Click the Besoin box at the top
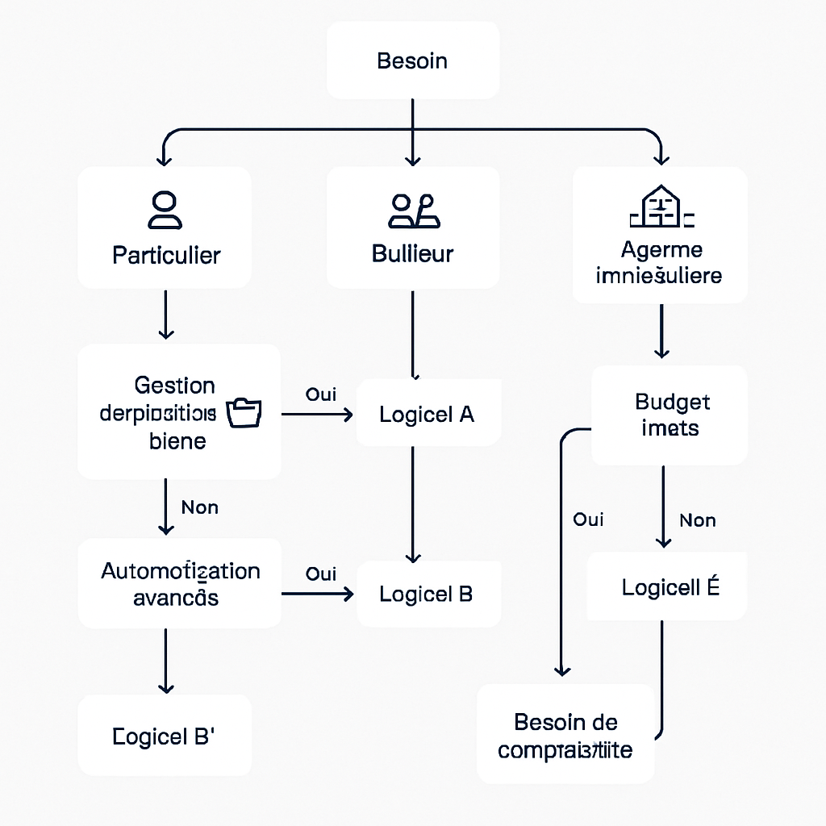click(412, 60)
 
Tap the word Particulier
click(166, 256)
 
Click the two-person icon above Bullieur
click(412, 211)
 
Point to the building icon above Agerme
click(661, 206)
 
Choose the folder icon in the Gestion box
click(244, 412)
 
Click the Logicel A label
click(427, 415)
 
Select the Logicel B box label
click(426, 594)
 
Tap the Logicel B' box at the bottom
click(164, 736)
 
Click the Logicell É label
click(670, 588)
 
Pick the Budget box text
click(671, 415)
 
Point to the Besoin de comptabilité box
click(565, 736)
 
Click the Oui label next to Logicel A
click(321, 394)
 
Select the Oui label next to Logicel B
click(321, 574)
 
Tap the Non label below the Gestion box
click(199, 507)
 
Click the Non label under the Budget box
click(697, 520)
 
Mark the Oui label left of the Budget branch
click(588, 519)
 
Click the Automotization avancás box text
click(180, 584)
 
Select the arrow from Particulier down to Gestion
click(165, 315)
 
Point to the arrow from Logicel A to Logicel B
click(413, 504)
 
